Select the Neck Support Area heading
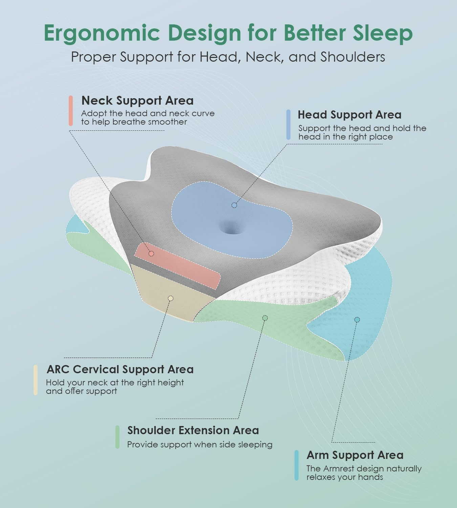click(x=137, y=101)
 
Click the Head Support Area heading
click(x=349, y=115)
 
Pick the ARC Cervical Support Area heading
click(x=120, y=369)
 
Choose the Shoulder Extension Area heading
click(x=193, y=430)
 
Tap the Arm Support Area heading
click(x=355, y=455)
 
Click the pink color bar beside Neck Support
click(x=71, y=111)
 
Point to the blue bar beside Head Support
click(x=288, y=125)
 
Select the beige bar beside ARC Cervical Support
click(x=36, y=380)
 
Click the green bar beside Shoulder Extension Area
click(x=117, y=437)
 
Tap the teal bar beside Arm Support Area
click(x=297, y=465)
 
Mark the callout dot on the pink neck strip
click(x=151, y=254)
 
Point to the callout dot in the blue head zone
click(x=234, y=205)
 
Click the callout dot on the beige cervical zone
click(x=171, y=298)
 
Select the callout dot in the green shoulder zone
click(x=265, y=318)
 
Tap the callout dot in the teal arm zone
click(x=357, y=319)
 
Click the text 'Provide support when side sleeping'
click(x=200, y=445)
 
